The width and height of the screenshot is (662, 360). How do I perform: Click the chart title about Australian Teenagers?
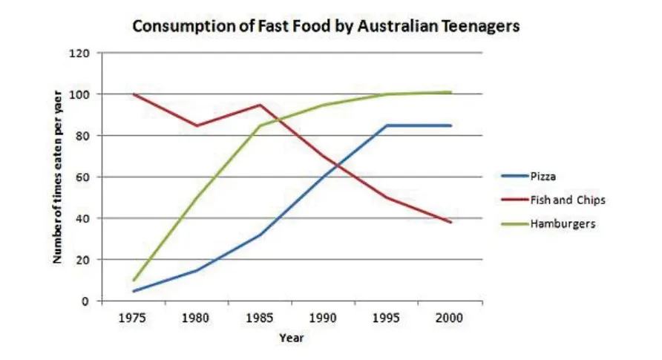click(326, 26)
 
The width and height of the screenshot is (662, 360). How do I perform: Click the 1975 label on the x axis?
click(134, 318)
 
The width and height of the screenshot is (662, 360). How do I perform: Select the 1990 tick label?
click(324, 318)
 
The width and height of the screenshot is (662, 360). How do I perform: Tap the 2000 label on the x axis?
click(450, 318)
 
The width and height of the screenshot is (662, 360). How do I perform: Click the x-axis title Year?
click(291, 338)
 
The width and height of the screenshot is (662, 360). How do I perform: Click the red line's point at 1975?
click(134, 94)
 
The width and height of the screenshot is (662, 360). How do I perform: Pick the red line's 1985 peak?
click(260, 105)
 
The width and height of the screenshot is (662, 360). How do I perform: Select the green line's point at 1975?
click(134, 281)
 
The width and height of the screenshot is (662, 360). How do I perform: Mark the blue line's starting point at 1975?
click(134, 291)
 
